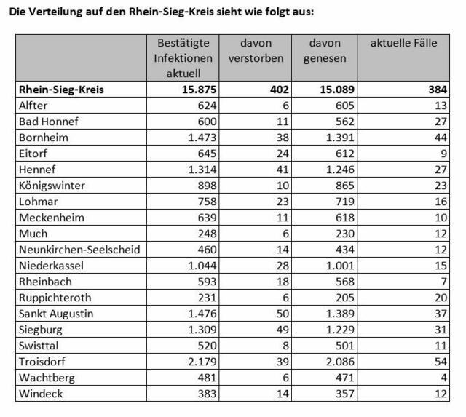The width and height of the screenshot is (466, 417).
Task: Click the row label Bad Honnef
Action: click(x=49, y=122)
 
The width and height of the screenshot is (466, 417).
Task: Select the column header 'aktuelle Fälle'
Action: click(x=404, y=43)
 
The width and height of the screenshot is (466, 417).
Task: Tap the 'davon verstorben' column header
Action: click(x=256, y=50)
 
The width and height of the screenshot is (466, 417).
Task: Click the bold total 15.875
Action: click(x=199, y=90)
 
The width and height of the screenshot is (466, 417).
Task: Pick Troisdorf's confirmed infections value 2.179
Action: click(x=202, y=362)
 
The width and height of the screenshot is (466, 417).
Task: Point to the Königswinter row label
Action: click(x=52, y=186)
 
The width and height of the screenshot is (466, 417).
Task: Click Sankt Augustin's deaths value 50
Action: click(x=283, y=314)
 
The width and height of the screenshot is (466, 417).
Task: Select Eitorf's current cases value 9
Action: click(x=443, y=154)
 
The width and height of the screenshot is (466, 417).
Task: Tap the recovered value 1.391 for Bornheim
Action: click(x=340, y=138)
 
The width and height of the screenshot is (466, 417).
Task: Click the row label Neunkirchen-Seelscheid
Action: click(x=79, y=250)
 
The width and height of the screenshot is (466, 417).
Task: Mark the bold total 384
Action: click(x=438, y=90)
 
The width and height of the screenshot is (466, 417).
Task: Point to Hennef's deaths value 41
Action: click(x=283, y=170)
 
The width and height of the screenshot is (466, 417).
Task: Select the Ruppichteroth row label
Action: click(x=55, y=298)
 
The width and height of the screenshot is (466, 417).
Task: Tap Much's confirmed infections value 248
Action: click(x=207, y=234)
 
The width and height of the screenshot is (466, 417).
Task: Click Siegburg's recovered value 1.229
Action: click(x=340, y=330)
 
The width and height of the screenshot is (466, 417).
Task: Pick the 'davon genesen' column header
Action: click(x=325, y=50)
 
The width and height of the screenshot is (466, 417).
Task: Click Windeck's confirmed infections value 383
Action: click(x=207, y=394)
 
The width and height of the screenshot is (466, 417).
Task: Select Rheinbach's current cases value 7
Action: click(x=444, y=282)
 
